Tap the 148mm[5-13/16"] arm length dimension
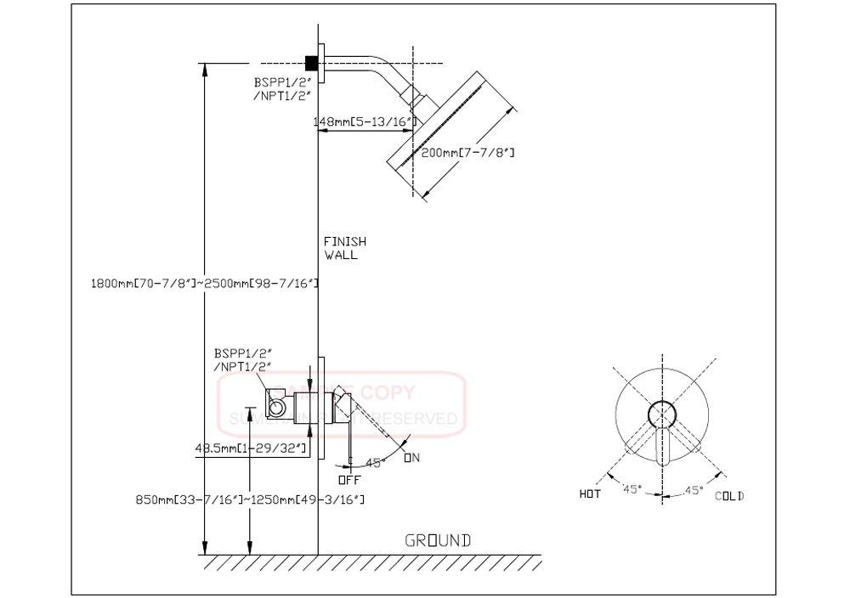364,122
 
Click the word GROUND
437,540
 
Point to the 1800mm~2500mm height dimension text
204,281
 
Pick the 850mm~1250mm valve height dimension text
252,499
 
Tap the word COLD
728,496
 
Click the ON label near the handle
412,459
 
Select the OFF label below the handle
349,479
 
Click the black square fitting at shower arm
311,62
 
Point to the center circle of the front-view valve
663,415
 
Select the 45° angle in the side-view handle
375,463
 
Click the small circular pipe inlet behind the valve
276,409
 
